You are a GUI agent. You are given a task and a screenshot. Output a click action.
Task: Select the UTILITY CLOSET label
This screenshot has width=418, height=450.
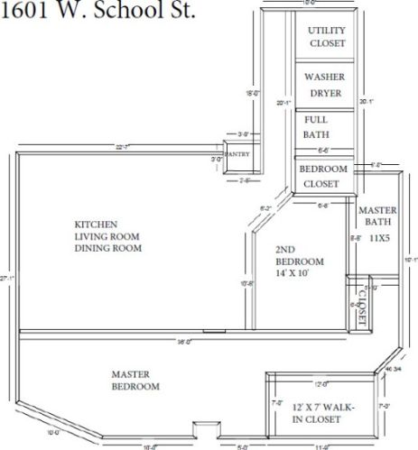(326, 37)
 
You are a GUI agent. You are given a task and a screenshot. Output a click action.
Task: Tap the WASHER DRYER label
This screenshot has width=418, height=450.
(325, 85)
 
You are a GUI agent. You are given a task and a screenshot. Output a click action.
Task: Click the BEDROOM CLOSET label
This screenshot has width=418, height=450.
(323, 176)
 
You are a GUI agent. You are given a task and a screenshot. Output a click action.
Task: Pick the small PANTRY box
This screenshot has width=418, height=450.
(237, 154)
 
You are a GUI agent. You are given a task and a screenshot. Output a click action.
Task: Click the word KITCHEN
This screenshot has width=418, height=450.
(96, 223)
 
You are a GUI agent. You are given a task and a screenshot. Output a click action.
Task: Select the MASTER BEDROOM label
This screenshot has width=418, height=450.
(135, 380)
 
